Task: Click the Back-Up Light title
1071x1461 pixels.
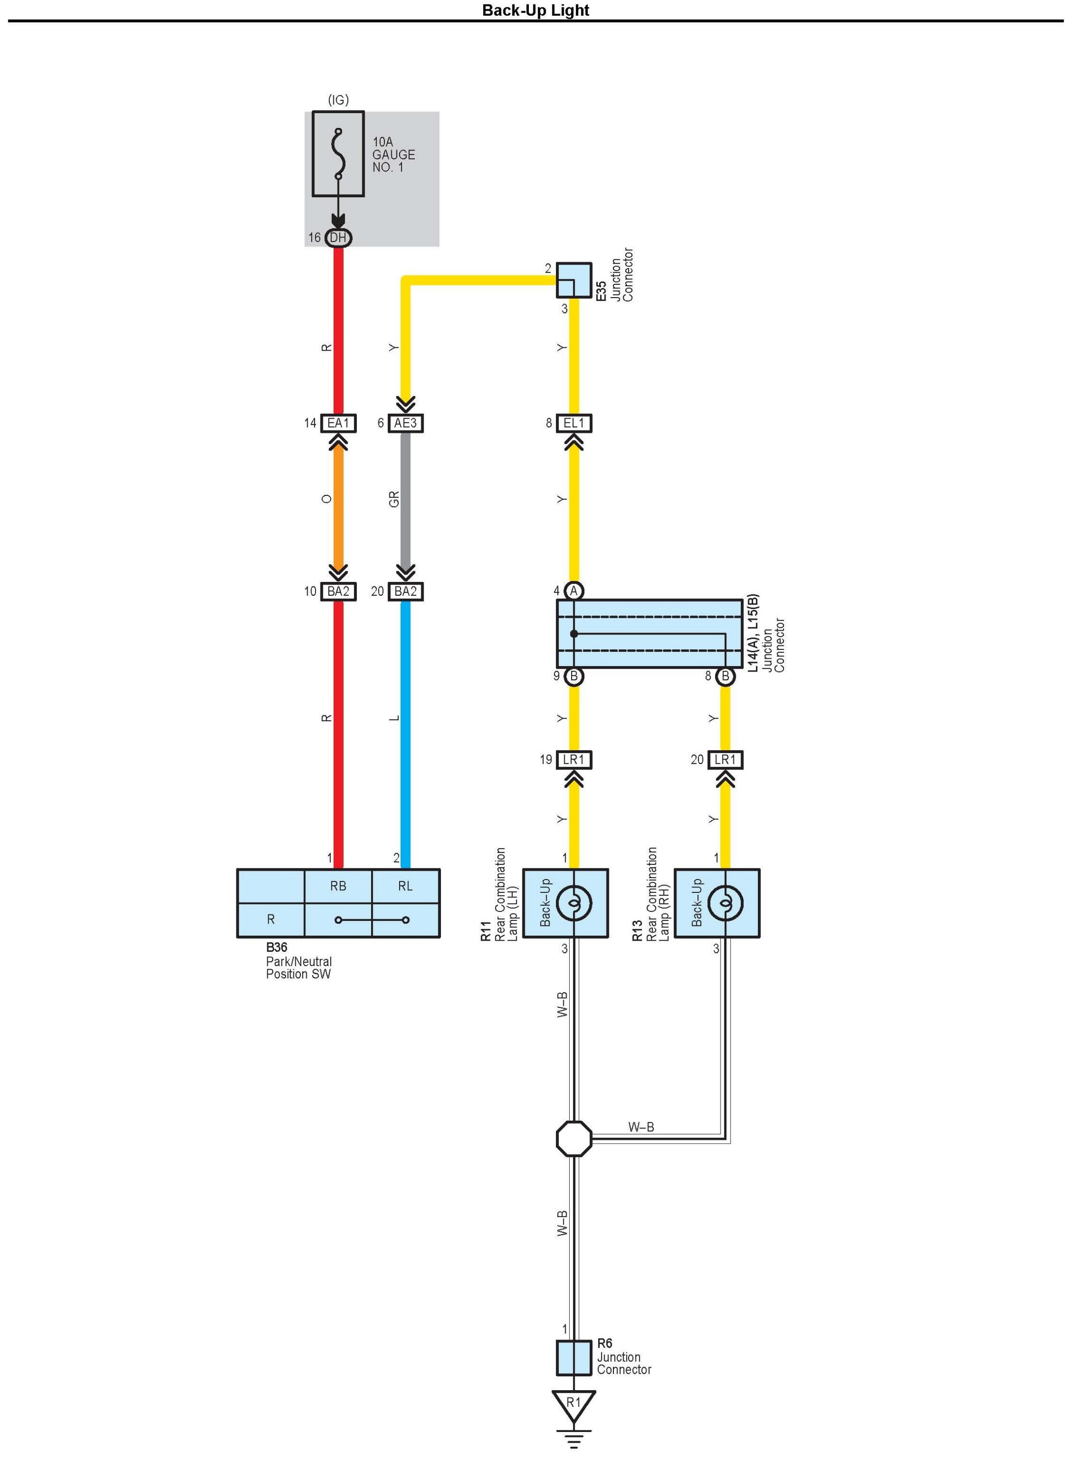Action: click(536, 10)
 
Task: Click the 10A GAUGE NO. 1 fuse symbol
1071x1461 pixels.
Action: click(338, 154)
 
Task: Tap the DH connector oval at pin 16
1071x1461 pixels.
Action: click(338, 238)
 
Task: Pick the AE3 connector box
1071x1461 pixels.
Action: click(405, 423)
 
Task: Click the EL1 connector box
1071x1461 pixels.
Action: click(574, 423)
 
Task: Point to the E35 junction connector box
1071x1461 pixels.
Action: click(574, 279)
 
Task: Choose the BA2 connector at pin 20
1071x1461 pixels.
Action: click(405, 591)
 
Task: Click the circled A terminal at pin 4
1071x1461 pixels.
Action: click(574, 591)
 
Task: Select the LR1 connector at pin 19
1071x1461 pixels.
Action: click(574, 760)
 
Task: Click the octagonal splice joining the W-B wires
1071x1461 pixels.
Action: click(574, 1139)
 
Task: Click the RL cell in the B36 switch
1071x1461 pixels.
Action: click(405, 886)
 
